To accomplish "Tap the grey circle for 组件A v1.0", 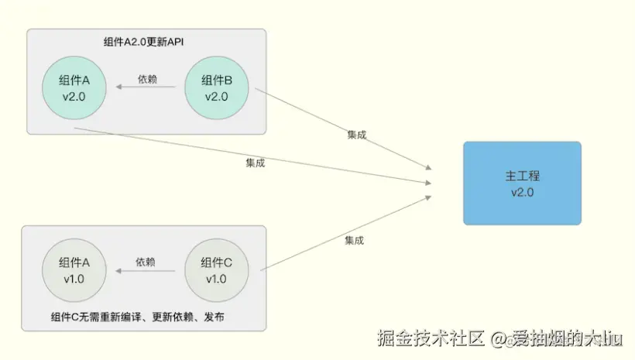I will coord(74,270).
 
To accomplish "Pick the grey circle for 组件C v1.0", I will coord(217,270).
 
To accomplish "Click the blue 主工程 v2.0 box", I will coord(522,183).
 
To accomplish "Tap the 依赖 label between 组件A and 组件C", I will coord(146,262).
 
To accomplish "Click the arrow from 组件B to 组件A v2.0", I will coord(147,88).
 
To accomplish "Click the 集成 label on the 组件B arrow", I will coord(356,135).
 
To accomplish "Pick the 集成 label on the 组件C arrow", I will coord(354,241).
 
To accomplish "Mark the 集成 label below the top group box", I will coord(256,163).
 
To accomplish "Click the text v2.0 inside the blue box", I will coord(522,193).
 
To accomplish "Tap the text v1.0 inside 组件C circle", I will coord(217,279).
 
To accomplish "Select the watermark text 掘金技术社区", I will coord(431,338).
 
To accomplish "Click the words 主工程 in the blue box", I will coord(522,176).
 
